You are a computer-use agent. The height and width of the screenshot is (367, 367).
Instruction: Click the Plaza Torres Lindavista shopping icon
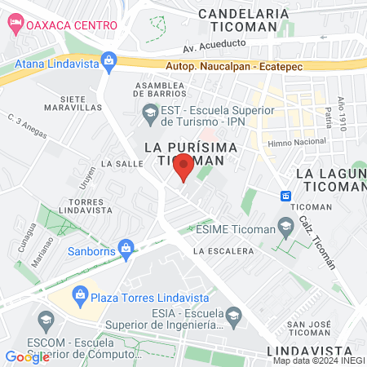click(x=80, y=294)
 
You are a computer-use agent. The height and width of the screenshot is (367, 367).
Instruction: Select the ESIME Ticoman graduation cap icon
click(x=285, y=225)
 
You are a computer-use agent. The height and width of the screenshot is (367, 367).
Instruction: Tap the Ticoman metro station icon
click(x=286, y=196)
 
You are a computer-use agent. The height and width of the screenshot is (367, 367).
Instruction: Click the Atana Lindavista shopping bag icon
click(x=108, y=60)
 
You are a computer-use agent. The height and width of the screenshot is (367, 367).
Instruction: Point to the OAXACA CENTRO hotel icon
click(x=14, y=24)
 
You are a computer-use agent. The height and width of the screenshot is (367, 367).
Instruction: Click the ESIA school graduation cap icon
click(x=233, y=316)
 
